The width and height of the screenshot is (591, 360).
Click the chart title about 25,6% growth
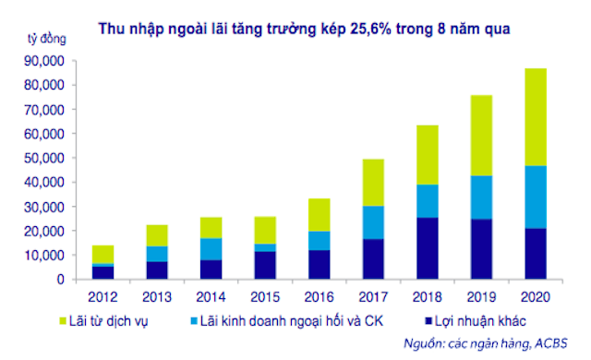305,29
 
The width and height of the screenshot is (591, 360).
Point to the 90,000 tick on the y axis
44,60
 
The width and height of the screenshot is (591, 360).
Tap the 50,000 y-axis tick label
44,158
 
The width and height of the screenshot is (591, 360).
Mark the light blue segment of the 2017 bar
371,222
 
